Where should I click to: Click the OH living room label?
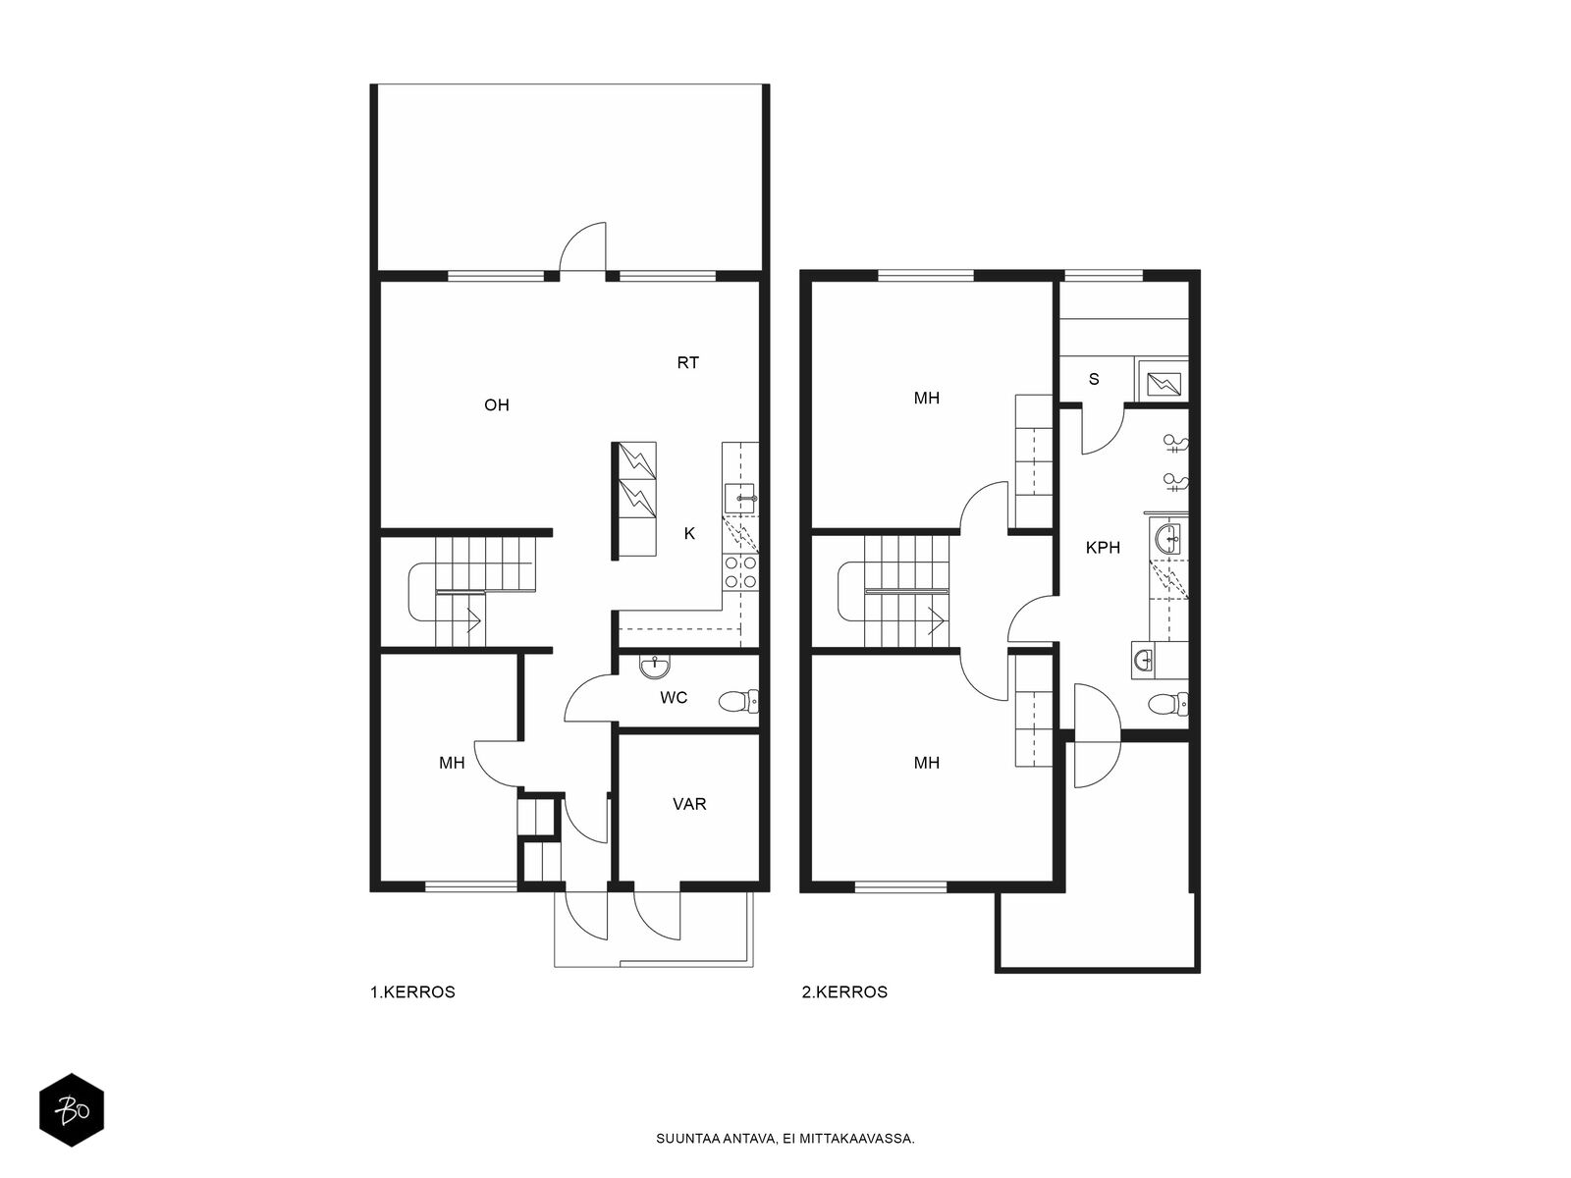point(497,405)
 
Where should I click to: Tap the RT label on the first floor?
point(688,363)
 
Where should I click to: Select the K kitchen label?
point(689,534)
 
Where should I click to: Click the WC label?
point(674,698)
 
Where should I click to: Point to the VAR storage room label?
point(689,805)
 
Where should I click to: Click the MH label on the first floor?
point(452,763)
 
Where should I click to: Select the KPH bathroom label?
point(1103,548)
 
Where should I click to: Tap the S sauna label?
point(1094,379)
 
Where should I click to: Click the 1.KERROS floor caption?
point(412,992)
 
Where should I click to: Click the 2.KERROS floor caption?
point(844,992)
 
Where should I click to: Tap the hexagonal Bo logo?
point(72,1111)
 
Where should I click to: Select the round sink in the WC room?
point(655,667)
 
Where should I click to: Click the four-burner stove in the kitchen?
point(740,572)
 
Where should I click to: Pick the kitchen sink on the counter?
point(740,498)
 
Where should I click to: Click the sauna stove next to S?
point(1164,384)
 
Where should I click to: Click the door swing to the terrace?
point(583,246)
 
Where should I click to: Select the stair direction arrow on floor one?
point(473,619)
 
